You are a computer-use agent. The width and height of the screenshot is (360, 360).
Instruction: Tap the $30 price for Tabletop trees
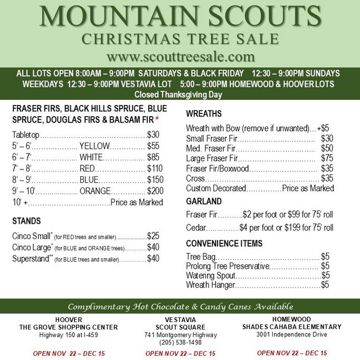(153, 135)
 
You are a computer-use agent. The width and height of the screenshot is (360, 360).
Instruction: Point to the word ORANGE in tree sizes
(95, 191)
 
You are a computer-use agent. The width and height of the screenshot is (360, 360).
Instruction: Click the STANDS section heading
(26, 220)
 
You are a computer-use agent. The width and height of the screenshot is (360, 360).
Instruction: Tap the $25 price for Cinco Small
(153, 236)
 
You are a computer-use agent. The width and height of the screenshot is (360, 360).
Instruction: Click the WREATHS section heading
(204, 113)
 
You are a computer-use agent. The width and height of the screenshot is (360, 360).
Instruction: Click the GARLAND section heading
(204, 201)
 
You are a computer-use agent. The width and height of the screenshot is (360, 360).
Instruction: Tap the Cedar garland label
(195, 228)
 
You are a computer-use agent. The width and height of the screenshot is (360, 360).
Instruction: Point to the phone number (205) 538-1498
(180, 342)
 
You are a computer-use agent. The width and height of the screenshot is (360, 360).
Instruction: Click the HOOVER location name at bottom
(68, 320)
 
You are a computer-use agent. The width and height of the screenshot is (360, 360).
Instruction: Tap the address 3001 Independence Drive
(292, 334)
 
